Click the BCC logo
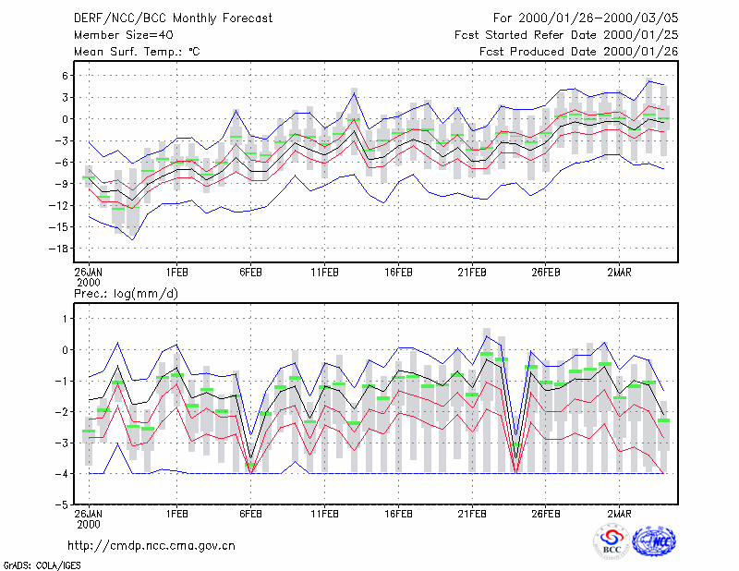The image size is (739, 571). coord(612,541)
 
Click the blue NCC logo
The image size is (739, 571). coord(654,541)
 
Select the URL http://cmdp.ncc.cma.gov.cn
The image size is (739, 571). coord(151,546)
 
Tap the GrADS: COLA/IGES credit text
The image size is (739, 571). coord(42,565)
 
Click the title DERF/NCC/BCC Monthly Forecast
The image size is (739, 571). coord(173,18)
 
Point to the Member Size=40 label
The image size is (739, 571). coord(124,35)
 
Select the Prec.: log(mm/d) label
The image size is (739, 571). coord(126,294)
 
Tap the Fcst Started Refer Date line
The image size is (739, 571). coord(566,35)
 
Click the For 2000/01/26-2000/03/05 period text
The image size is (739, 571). coord(586,18)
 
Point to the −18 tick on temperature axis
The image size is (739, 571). coord(59,249)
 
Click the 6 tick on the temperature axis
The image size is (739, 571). coord(65,76)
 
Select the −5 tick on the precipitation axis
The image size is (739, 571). coord(62,504)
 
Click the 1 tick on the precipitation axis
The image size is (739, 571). coord(66,319)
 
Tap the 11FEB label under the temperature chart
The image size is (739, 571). coord(324,273)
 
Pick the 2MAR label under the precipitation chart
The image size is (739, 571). coord(619,514)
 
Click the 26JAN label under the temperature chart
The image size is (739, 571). coord(89,273)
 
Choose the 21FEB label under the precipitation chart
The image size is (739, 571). coord(472,514)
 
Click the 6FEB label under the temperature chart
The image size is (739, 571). coord(250,273)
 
